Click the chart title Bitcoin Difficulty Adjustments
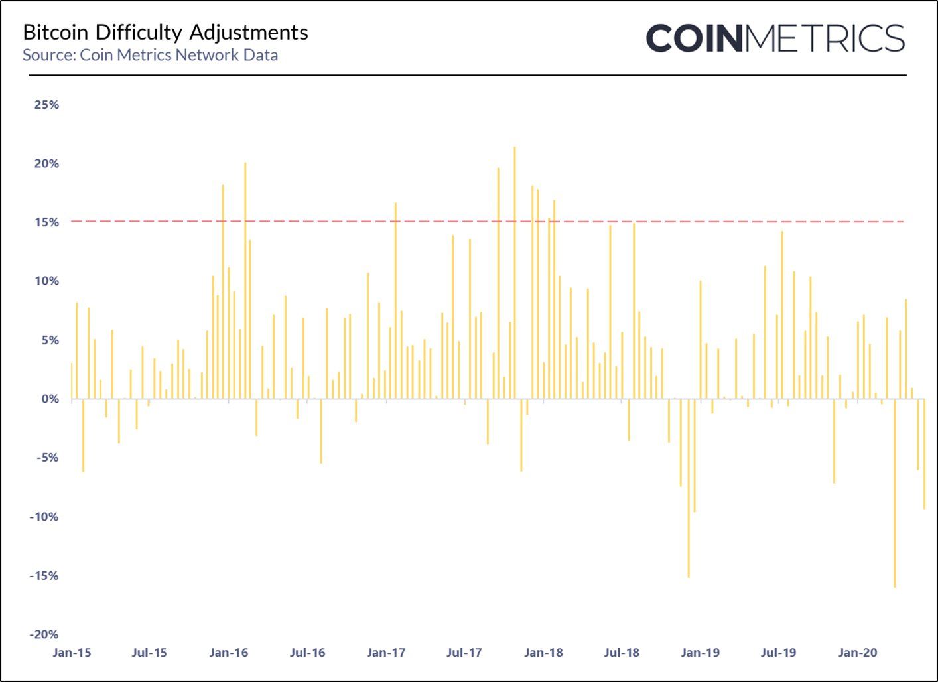click(x=165, y=33)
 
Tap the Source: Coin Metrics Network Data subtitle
click(x=150, y=55)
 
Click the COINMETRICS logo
click(x=775, y=38)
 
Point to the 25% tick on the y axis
click(x=46, y=105)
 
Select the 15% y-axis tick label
click(x=46, y=222)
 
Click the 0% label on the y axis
click(x=50, y=399)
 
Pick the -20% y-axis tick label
click(x=44, y=634)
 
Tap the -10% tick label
click(x=44, y=517)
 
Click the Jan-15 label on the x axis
click(x=72, y=653)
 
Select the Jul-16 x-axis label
click(x=307, y=653)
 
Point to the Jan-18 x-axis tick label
click(x=543, y=653)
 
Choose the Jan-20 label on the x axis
click(x=857, y=653)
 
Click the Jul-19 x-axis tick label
click(x=778, y=653)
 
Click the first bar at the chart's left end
click(x=72, y=381)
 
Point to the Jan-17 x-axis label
click(x=385, y=653)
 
